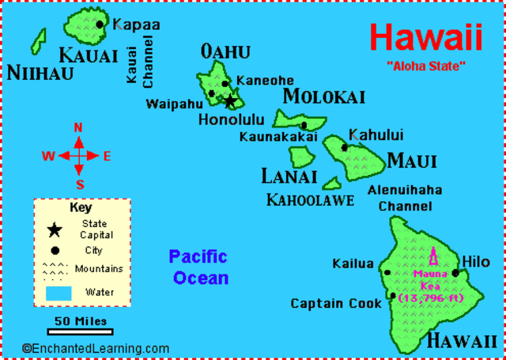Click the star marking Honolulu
click(x=230, y=100)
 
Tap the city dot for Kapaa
click(x=100, y=25)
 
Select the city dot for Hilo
click(x=456, y=273)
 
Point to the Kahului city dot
click(x=344, y=147)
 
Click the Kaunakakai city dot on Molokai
click(x=304, y=125)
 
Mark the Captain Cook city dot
click(x=393, y=297)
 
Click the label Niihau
click(x=40, y=74)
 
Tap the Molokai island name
click(x=323, y=97)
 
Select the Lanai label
click(x=289, y=176)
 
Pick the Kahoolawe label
click(x=310, y=199)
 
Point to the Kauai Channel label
click(x=140, y=53)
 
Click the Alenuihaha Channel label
click(x=404, y=198)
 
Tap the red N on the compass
click(x=78, y=127)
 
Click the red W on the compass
click(x=48, y=157)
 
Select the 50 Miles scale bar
click(x=80, y=331)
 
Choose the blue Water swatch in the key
click(x=59, y=292)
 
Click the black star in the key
click(x=55, y=230)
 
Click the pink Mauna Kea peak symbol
click(x=432, y=259)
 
